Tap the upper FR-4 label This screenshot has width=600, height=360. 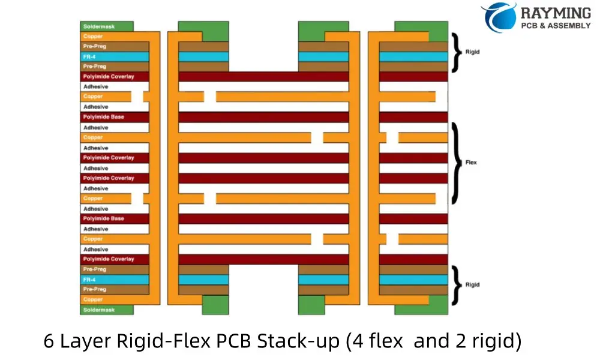(x=89, y=56)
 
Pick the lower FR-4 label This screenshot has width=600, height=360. (x=89, y=280)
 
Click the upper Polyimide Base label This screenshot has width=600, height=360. (x=104, y=117)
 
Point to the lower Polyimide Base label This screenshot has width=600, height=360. (x=104, y=218)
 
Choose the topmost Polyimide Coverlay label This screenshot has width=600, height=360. (x=109, y=76)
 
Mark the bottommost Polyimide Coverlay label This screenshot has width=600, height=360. (x=109, y=259)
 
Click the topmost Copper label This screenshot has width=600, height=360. (x=93, y=36)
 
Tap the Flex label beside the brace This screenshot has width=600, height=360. (x=471, y=163)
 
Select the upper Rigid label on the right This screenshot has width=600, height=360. (x=472, y=52)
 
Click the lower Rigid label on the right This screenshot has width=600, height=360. (x=472, y=284)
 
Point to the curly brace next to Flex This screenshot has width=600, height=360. (x=457, y=163)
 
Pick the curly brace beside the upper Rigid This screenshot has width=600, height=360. (x=458, y=52)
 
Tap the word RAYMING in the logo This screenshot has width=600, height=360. (x=556, y=13)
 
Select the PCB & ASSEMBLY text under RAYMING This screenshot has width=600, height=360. (x=556, y=26)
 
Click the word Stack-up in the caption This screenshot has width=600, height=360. (x=300, y=341)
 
